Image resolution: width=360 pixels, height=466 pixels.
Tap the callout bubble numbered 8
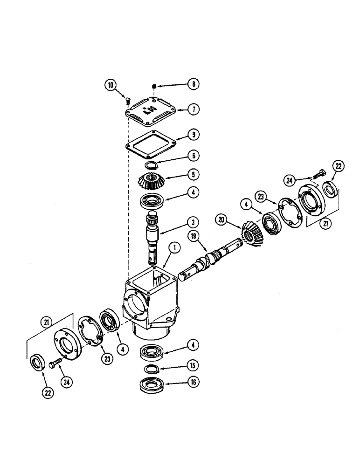[193, 84]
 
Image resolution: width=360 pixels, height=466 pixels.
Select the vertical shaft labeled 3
[155, 233]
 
